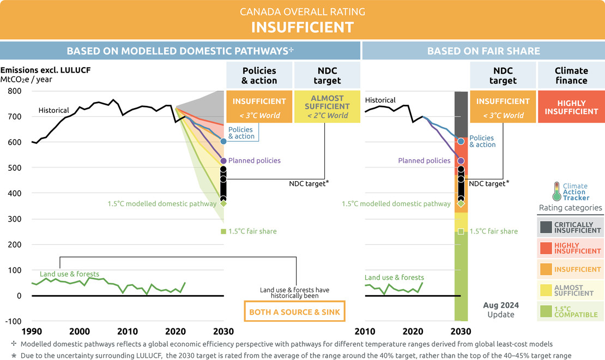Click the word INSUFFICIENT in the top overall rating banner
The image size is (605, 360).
click(302, 27)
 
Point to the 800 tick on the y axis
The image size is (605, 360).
click(15, 91)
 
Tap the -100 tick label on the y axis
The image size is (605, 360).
click(13, 321)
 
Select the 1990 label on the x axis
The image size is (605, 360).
click(32, 332)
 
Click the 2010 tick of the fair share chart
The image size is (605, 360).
click(365, 332)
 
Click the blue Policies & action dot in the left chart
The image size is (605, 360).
click(223, 141)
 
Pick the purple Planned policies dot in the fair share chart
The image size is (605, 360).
click(461, 161)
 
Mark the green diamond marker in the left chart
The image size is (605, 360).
click(223, 203)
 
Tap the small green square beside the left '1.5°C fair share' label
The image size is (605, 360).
click(223, 231)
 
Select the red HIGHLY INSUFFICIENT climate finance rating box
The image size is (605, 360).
click(571, 106)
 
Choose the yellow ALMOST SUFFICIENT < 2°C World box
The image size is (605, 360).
click(327, 106)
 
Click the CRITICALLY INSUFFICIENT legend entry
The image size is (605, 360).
click(570, 227)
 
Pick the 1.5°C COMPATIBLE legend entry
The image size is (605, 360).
click(570, 311)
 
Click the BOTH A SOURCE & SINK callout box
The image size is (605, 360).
click(294, 311)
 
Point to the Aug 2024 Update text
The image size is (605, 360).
click(501, 310)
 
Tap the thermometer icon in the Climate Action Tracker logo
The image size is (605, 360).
click(556, 191)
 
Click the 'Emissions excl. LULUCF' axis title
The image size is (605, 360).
click(46, 70)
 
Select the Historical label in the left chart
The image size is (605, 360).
click(53, 111)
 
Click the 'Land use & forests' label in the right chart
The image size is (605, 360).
click(394, 277)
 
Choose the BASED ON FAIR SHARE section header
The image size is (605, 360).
click(483, 51)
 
